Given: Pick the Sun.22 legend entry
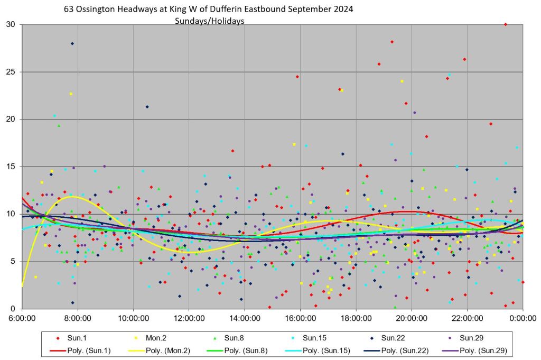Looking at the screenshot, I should pyautogui.click(x=393, y=337).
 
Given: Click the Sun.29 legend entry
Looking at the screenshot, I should pyautogui.click(x=472, y=337).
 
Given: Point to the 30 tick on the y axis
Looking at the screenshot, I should pyautogui.click(x=11, y=25).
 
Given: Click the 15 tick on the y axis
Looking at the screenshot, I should pyautogui.click(x=11, y=167).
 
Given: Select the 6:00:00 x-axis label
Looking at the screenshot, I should pyautogui.click(x=22, y=319).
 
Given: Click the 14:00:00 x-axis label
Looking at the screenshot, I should pyautogui.click(x=245, y=319).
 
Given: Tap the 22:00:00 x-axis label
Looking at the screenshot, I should pyautogui.click(x=468, y=319).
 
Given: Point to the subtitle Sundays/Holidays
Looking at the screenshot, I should pyautogui.click(x=210, y=21).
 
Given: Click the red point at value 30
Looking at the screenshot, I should pyautogui.click(x=506, y=24).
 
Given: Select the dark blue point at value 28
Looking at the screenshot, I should pyautogui.click(x=72, y=43).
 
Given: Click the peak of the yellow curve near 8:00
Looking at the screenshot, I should pyautogui.click(x=72, y=197).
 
